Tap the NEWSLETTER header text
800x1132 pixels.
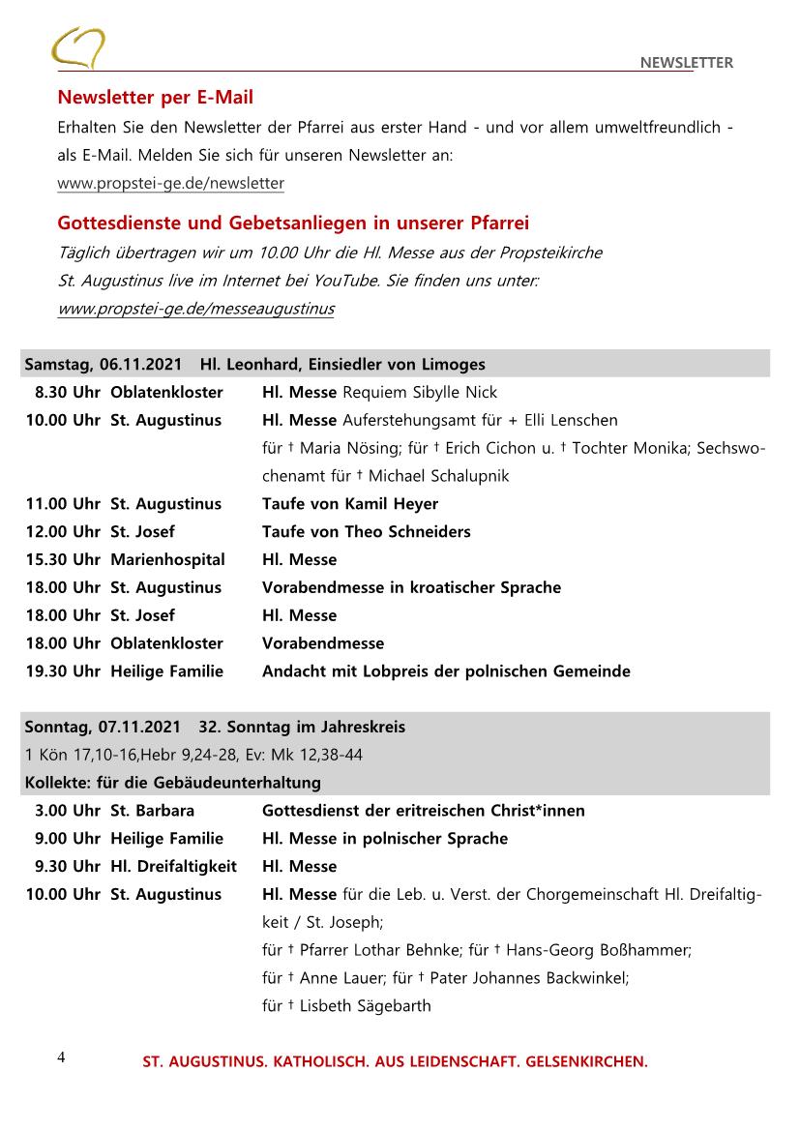[686, 63]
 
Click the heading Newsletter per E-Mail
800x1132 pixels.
[155, 98]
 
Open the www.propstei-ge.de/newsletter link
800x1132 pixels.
[170, 183]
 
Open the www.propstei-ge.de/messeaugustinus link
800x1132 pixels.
[195, 309]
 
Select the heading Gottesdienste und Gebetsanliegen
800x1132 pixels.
[293, 223]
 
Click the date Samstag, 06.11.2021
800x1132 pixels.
[103, 365]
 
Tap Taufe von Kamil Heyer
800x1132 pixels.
[349, 504]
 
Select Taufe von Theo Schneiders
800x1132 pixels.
[366, 532]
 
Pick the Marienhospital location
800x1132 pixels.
[167, 560]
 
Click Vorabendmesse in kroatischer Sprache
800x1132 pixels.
[411, 587]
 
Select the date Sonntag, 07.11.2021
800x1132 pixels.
[103, 728]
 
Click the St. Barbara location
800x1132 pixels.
[152, 811]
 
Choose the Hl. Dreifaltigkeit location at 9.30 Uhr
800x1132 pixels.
[173, 867]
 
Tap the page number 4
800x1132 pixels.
[61, 1057]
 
